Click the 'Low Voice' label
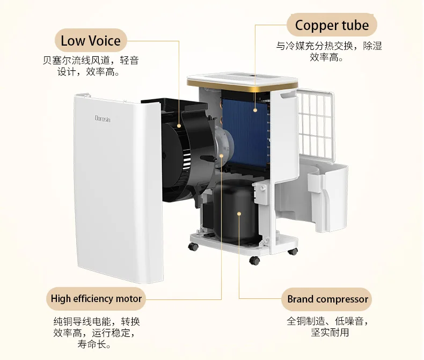90,41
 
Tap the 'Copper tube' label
332,25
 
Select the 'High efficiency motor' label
97,298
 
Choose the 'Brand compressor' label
327,299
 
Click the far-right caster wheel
292,252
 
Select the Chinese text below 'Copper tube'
329,51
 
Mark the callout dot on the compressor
239,214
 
